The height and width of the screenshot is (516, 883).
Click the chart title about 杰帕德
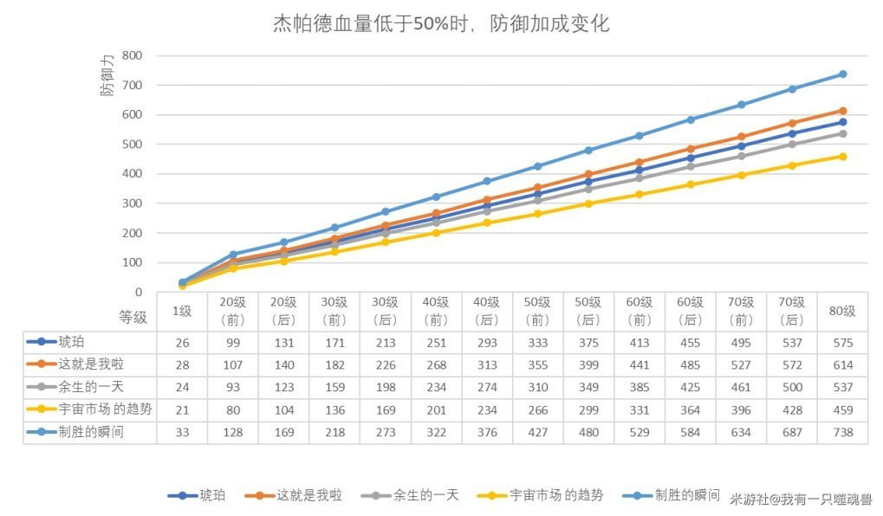[441, 23]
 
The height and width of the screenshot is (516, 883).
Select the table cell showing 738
[842, 432]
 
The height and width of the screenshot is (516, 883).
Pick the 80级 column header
[842, 312]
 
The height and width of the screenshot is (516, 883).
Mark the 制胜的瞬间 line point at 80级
[842, 74]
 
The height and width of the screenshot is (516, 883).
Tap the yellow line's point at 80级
[842, 157]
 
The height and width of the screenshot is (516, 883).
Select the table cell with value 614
[842, 364]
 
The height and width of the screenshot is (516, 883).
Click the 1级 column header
[182, 312]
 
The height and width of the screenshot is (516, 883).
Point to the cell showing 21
[182, 410]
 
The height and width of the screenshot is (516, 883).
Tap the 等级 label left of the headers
[133, 317]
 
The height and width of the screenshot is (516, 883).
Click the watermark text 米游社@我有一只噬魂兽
[801, 500]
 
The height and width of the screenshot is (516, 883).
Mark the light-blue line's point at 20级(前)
[233, 255]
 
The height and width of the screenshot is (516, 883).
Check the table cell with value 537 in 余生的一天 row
[842, 387]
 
